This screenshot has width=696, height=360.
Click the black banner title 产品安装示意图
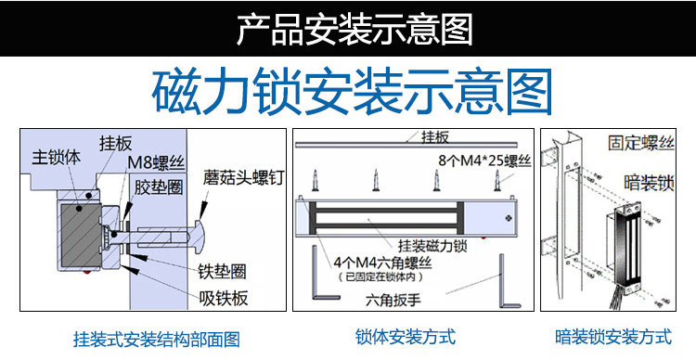pyautogui.click(x=354, y=30)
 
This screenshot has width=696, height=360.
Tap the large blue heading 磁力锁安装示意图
pyautogui.click(x=352, y=92)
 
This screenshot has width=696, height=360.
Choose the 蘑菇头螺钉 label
pyautogui.click(x=243, y=178)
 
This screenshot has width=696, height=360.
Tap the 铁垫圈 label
pyautogui.click(x=222, y=271)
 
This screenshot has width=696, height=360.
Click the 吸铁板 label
pyautogui.click(x=224, y=298)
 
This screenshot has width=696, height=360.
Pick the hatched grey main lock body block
pyautogui.click(x=81, y=236)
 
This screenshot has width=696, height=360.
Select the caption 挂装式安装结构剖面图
pyautogui.click(x=156, y=340)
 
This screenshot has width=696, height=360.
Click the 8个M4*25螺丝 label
pyautogui.click(x=484, y=161)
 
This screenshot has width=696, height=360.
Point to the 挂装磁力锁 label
pyautogui.click(x=432, y=246)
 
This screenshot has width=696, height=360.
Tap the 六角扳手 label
pyautogui.click(x=393, y=301)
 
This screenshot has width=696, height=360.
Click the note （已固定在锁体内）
pyautogui.click(x=380, y=277)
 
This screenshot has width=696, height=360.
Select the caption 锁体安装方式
pyautogui.click(x=406, y=337)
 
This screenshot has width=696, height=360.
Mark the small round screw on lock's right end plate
pyautogui.click(x=508, y=217)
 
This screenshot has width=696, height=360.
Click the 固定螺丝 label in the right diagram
pyautogui.click(x=641, y=143)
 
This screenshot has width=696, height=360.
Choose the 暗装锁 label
pyautogui.click(x=649, y=183)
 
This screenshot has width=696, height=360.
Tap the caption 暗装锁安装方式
pyautogui.click(x=613, y=337)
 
